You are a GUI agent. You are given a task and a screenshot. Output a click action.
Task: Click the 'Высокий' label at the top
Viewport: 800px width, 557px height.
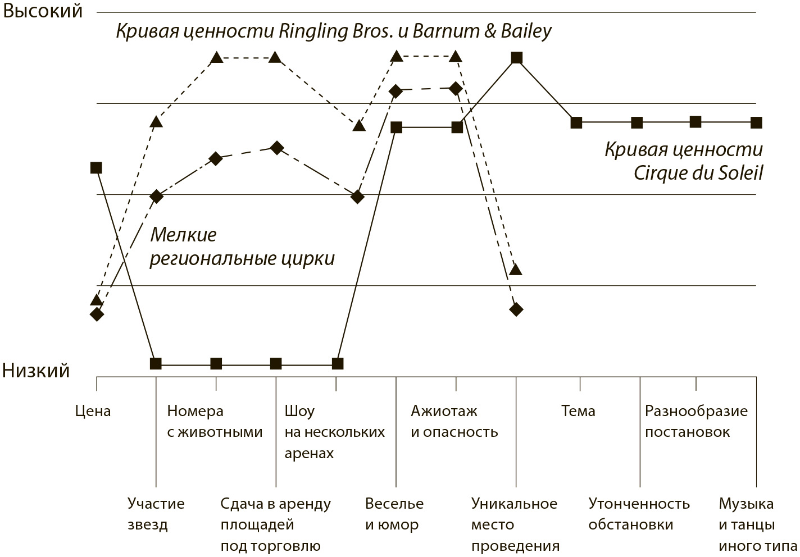[x=43, y=11]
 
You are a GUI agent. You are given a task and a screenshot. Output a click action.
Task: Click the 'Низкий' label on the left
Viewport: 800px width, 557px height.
[x=37, y=371]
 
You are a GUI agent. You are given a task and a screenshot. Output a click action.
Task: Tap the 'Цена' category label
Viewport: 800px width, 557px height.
[x=93, y=411]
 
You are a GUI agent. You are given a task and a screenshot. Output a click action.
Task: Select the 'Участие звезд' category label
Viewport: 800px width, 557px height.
[x=156, y=514]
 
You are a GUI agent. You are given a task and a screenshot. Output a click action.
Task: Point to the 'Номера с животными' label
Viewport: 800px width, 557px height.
[x=215, y=421]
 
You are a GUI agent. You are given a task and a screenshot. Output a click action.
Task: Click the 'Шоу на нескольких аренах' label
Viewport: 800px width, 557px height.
[x=334, y=432]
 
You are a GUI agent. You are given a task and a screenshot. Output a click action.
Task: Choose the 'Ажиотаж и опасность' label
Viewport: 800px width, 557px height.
[x=454, y=421]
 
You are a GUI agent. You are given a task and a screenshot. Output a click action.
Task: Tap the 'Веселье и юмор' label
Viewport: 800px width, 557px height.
[x=394, y=514]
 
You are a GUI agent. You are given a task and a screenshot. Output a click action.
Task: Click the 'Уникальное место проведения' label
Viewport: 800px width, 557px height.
[x=515, y=524]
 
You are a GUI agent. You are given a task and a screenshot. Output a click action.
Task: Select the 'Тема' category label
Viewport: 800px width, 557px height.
[x=578, y=411]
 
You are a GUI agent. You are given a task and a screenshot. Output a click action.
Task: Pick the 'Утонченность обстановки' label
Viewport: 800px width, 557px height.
[x=639, y=514]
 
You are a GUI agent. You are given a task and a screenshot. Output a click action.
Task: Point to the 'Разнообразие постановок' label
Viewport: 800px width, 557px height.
[x=696, y=421]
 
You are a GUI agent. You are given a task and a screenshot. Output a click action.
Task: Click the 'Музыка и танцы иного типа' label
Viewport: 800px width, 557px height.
[x=757, y=524]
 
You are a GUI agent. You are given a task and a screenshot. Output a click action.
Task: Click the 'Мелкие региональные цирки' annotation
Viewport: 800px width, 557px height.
[x=242, y=246]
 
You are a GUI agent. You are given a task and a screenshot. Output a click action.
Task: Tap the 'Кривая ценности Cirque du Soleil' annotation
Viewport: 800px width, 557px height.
[x=684, y=161]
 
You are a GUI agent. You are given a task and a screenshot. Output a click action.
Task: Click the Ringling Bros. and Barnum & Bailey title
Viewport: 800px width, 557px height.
[x=334, y=31]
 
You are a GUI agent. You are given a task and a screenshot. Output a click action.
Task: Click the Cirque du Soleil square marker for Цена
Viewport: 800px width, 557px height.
[x=96, y=167]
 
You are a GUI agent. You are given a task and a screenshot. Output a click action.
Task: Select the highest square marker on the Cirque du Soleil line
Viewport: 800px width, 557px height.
[x=516, y=58]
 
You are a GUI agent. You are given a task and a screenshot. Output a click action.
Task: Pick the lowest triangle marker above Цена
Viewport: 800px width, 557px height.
[x=96, y=299]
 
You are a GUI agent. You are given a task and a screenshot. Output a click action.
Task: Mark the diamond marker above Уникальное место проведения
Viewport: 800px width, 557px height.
[x=516, y=309]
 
